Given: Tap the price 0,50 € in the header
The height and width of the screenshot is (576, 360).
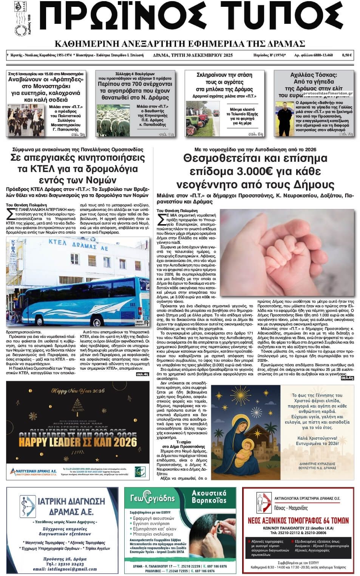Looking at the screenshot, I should coord(347,55).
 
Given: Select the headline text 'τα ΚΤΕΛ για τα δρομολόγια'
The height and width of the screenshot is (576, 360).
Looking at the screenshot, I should coord(77,169).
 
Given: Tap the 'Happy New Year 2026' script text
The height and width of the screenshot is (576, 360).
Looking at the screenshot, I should coord(77,390).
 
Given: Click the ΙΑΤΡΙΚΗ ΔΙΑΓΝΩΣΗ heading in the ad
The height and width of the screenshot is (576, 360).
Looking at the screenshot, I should coord(71,501).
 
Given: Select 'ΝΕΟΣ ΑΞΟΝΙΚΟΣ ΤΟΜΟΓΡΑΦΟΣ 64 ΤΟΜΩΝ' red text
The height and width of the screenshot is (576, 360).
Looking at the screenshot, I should coord(298,520).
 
